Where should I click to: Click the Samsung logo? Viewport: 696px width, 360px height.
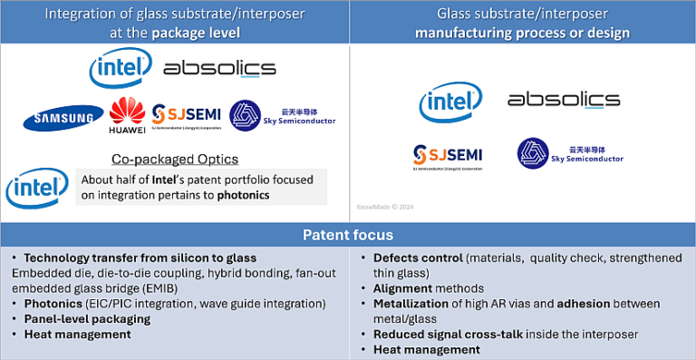tap(63, 117)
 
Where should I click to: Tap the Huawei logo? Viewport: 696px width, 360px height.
tap(127, 117)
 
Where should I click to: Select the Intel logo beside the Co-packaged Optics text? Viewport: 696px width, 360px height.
tap(35, 187)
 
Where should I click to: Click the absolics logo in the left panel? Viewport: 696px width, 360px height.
tap(219, 69)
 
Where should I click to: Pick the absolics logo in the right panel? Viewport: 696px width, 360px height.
tap(564, 100)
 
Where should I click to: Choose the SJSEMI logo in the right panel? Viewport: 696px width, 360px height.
tap(448, 155)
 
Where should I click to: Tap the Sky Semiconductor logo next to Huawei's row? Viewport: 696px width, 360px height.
tap(282, 116)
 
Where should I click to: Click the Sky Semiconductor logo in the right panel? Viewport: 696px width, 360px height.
tap(570, 153)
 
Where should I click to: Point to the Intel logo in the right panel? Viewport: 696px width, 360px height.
tap(450, 102)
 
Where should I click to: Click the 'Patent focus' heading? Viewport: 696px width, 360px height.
tap(348, 235)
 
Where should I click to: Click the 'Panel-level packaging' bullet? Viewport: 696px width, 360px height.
tap(87, 319)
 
